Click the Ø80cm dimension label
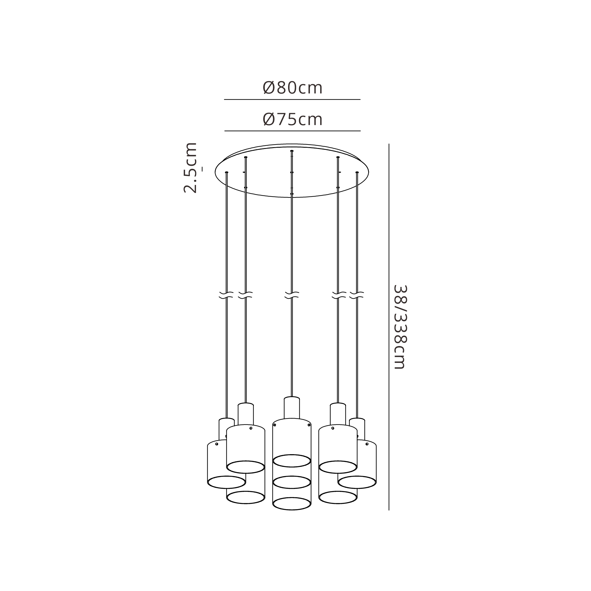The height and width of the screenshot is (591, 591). click(x=293, y=88)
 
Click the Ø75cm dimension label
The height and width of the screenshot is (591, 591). click(x=293, y=119)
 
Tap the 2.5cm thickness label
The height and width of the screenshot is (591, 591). click(x=190, y=168)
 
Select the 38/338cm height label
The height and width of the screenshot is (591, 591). click(x=400, y=327)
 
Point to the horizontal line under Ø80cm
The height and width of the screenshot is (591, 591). click(x=292, y=99)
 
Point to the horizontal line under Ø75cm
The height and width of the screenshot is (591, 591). click(x=293, y=131)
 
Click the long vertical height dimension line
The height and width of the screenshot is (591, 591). click(x=389, y=327)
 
